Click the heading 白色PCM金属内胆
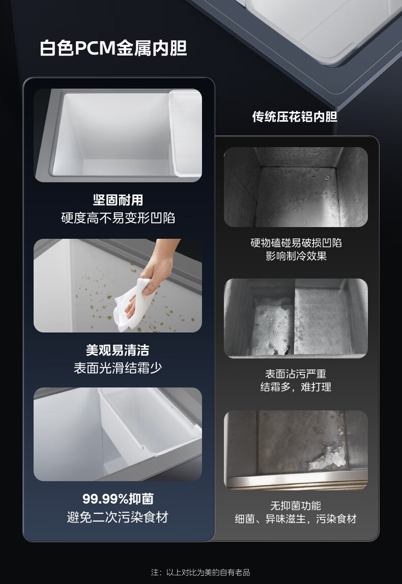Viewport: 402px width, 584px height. (x=113, y=48)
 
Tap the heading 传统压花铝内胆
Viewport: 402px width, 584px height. (x=295, y=117)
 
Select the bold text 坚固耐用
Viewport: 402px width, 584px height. (x=118, y=200)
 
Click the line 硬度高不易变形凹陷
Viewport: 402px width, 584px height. (x=118, y=218)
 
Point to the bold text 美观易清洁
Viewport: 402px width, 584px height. (x=118, y=350)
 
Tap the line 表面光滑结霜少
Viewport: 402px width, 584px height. (x=118, y=368)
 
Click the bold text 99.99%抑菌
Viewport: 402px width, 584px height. (x=118, y=498)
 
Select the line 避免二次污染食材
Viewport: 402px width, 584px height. (x=118, y=517)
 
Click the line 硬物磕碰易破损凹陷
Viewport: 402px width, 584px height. (x=296, y=243)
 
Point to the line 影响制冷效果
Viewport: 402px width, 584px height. (x=296, y=256)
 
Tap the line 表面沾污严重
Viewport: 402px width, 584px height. (x=296, y=374)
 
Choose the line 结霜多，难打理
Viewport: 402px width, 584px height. (x=296, y=387)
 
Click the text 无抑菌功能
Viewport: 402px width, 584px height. (x=296, y=506)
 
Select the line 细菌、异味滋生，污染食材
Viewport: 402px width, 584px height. (x=296, y=519)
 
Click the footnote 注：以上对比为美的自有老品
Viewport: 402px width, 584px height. (x=200, y=572)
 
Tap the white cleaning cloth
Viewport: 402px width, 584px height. (x=134, y=303)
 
